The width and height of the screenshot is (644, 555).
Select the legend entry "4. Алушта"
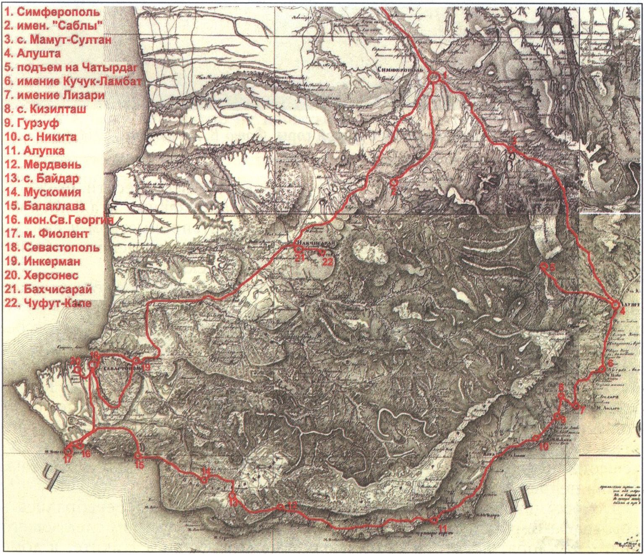(33, 54)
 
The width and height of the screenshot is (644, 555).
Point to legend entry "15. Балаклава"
(45, 206)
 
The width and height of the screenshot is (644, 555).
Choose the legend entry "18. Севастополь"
(52, 248)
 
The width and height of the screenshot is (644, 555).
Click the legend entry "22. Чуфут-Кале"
(48, 303)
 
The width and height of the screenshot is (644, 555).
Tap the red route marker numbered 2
(393, 182)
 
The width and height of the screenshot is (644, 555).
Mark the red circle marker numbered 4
(615, 305)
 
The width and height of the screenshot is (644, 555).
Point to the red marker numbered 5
(542, 266)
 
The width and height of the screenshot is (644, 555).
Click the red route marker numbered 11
(433, 520)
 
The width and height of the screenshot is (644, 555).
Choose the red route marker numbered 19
(136, 360)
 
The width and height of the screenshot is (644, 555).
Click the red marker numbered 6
(603, 369)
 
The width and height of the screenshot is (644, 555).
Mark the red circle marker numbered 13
(232, 496)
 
